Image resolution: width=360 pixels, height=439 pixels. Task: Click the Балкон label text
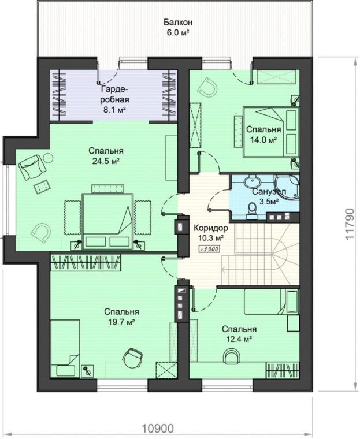point(178,22)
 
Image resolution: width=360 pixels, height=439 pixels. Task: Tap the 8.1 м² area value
point(114,110)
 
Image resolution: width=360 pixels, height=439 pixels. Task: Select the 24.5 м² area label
point(106,161)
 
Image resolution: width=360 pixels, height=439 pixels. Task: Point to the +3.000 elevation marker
point(209,248)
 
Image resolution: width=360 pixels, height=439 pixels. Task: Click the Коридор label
point(211,228)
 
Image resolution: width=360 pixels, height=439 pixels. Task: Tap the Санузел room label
point(269,192)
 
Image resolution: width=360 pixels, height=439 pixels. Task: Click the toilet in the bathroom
point(253,210)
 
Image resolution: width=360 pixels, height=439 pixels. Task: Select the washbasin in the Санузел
point(253,182)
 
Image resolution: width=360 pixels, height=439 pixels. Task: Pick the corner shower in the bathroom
point(287,187)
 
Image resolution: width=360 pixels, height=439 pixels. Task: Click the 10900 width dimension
point(158,429)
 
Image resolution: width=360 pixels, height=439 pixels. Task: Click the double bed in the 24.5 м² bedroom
point(107,221)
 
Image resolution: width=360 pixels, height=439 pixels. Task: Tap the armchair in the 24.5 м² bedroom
point(32,167)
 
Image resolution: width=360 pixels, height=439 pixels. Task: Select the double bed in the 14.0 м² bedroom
point(271,132)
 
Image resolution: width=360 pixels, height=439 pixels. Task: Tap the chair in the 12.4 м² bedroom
point(231,356)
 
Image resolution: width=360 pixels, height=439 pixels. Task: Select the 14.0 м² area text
point(263,140)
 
